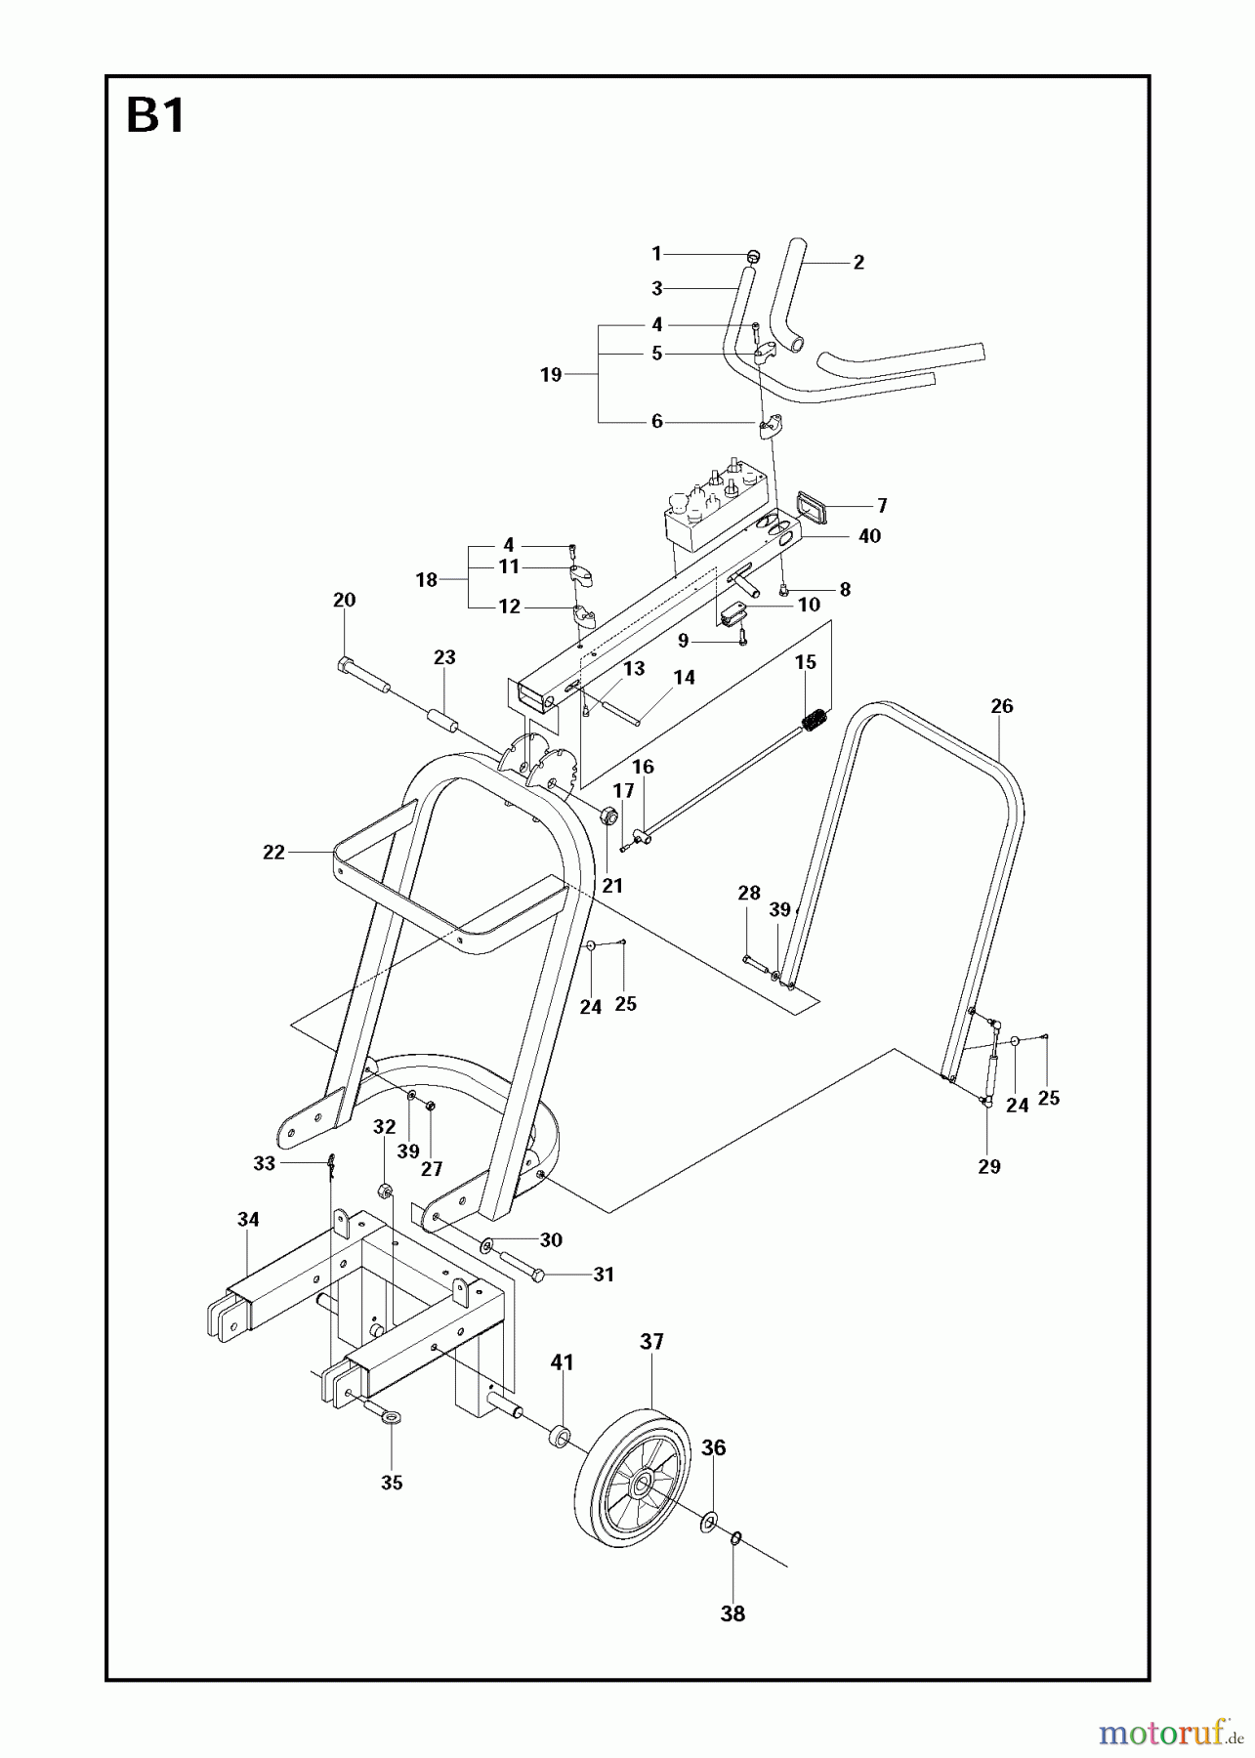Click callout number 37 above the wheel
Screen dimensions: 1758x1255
[x=651, y=1342]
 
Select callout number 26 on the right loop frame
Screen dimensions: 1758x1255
[x=1001, y=706]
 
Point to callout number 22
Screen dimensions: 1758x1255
[x=273, y=853]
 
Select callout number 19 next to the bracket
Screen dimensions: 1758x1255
[x=551, y=374]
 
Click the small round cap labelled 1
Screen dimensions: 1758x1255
[x=752, y=255]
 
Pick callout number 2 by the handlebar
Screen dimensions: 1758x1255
[x=858, y=262]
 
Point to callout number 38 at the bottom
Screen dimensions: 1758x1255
[x=732, y=1614]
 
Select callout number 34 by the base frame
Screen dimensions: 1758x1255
[x=248, y=1219]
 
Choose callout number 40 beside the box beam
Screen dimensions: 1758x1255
[x=868, y=536]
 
